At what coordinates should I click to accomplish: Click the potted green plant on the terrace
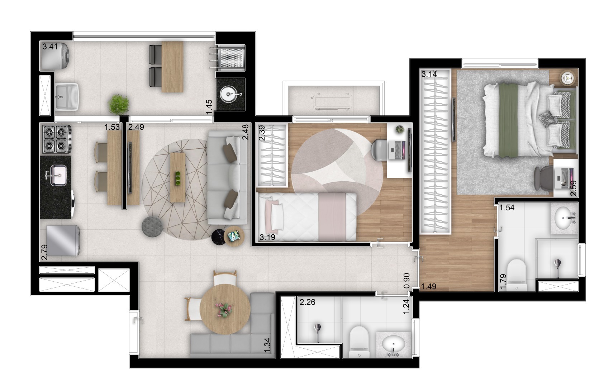[x=119, y=104]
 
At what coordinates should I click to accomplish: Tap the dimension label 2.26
[x=307, y=302]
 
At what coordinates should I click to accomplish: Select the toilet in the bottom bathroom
[x=359, y=342]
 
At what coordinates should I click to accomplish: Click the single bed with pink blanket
[x=307, y=216]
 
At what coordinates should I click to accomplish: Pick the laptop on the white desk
[x=398, y=150]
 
